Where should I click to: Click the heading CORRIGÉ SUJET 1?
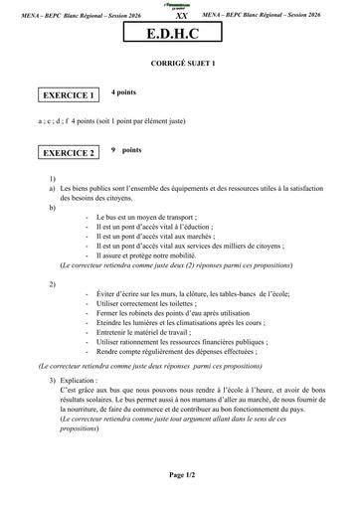[180, 63]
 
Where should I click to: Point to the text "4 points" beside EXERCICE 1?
[123, 90]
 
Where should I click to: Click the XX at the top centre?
[180, 17]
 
